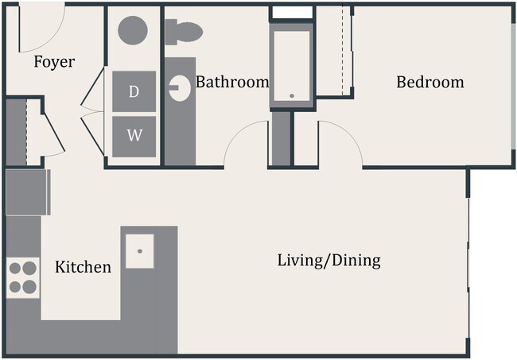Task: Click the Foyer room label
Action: point(54,62)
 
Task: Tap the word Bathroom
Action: point(231,82)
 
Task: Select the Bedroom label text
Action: point(430,82)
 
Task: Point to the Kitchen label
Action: point(83,267)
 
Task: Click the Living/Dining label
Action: point(328,260)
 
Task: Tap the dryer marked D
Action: point(134,91)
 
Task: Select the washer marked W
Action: point(134,135)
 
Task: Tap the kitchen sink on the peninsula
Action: point(139,251)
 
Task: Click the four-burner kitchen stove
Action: point(23,277)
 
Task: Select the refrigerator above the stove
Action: point(28,192)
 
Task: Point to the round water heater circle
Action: point(133,30)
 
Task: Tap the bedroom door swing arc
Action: point(340,143)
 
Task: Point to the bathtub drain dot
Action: point(292,96)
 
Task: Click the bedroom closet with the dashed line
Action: point(334,52)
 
